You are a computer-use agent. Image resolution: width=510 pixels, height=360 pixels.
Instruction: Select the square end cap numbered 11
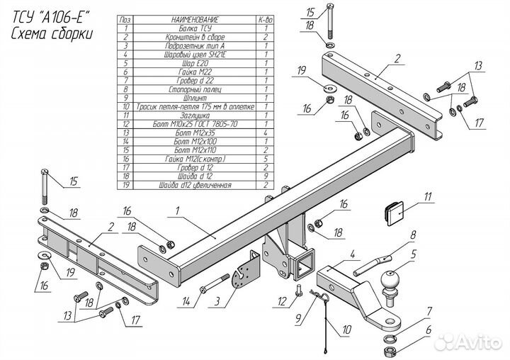tap(395, 210)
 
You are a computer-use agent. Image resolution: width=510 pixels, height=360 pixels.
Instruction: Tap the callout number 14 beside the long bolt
tap(186, 302)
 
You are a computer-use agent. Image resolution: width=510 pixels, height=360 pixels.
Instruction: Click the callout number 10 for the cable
tap(346, 330)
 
